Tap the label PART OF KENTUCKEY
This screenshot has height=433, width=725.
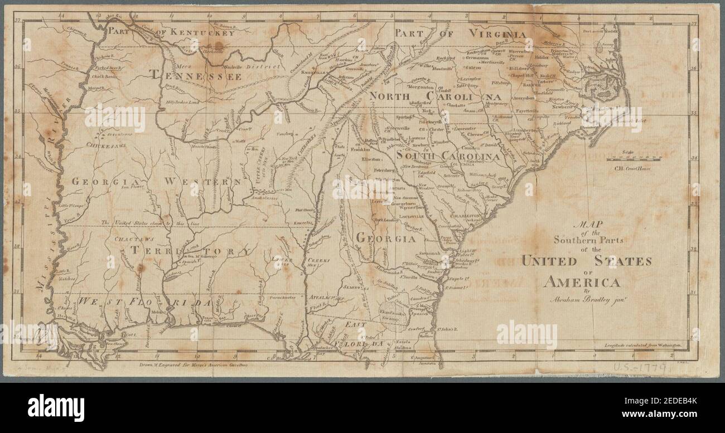point(170,32)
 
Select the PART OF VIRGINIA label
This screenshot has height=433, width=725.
point(460,33)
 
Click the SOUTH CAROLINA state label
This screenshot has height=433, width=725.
point(447,157)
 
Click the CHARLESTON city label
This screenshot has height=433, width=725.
point(466,215)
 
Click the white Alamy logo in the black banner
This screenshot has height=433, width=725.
point(56,405)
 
